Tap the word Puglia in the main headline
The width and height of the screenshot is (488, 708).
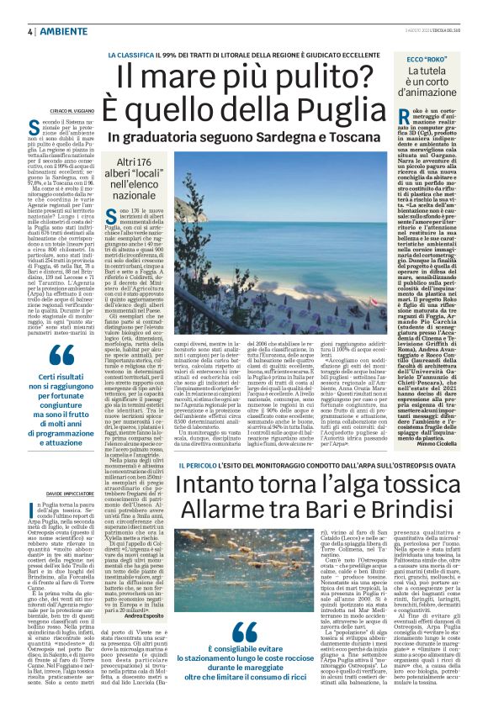(334, 109)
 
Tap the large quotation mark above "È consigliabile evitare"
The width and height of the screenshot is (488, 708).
(244, 609)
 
